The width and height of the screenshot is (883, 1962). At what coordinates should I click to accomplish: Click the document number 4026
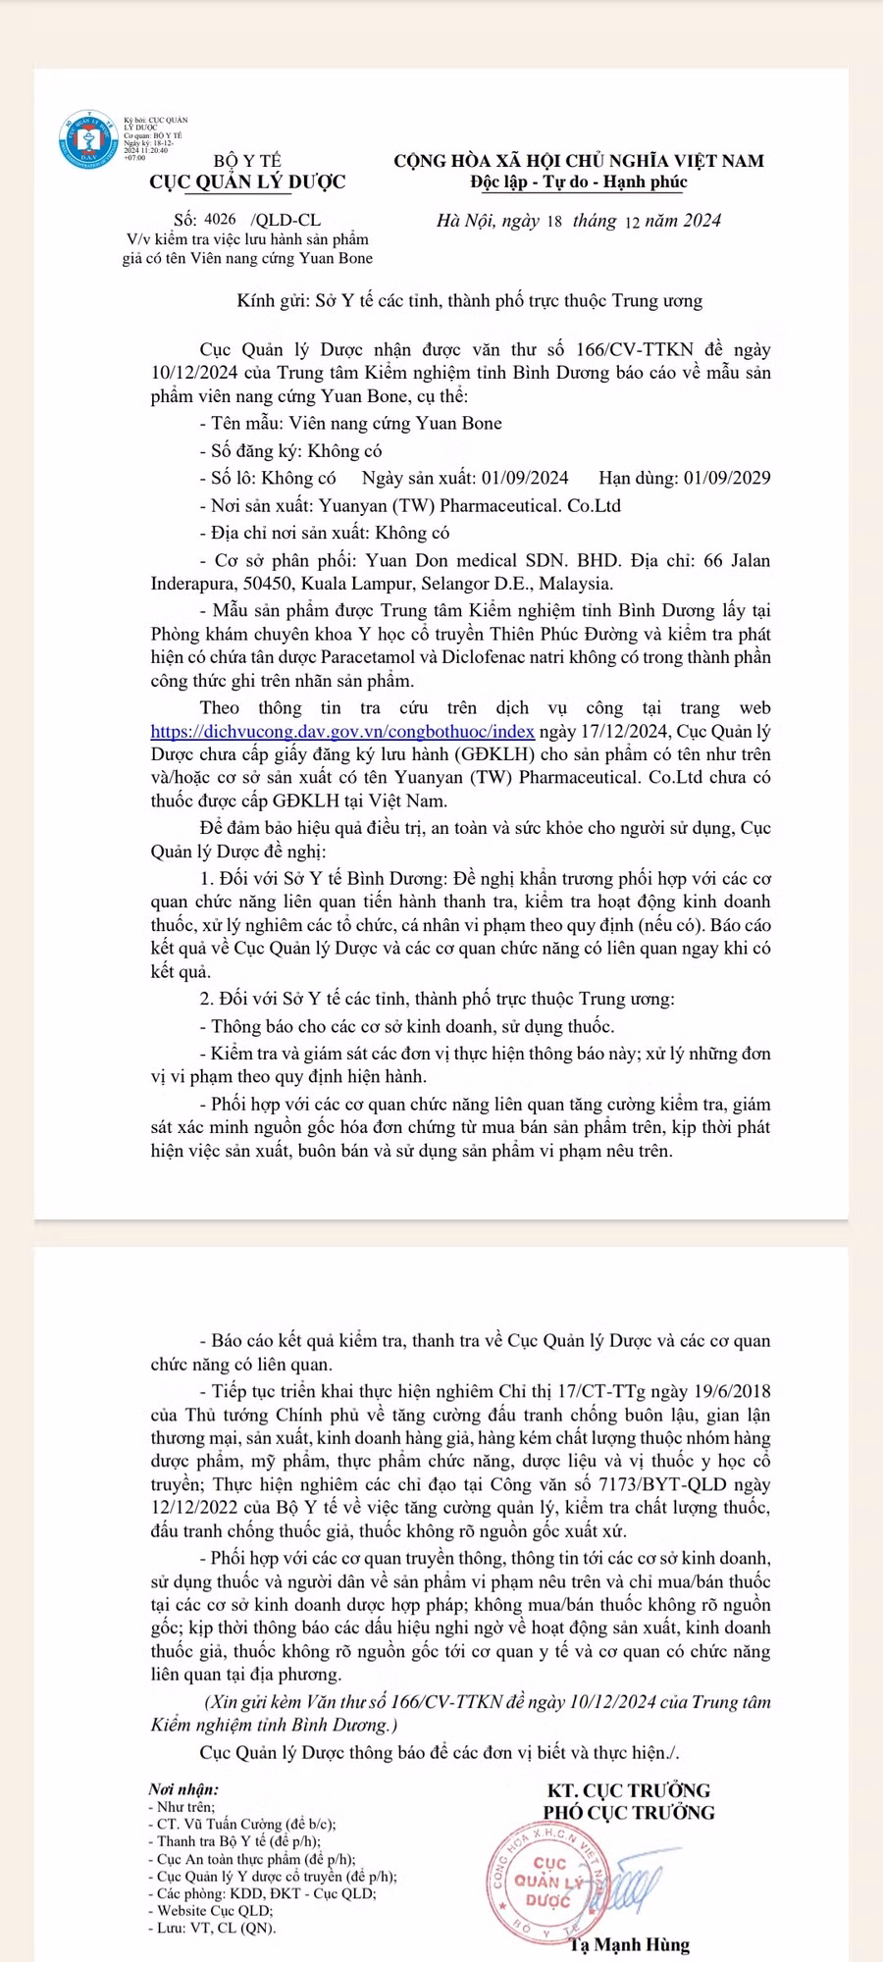[x=220, y=220]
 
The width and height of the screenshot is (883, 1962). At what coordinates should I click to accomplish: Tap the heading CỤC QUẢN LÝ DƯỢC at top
[x=247, y=181]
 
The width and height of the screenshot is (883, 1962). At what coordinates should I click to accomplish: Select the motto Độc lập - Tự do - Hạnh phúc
[x=578, y=181]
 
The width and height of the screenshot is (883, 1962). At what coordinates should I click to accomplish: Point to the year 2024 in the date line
[x=701, y=221]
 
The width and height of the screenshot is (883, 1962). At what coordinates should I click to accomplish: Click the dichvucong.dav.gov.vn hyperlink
[x=342, y=731]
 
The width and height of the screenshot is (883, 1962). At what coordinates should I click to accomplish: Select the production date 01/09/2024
[x=525, y=478]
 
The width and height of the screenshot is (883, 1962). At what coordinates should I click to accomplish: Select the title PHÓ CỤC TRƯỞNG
[x=629, y=1812]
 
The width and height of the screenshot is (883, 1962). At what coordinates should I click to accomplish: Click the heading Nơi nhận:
[x=183, y=1789]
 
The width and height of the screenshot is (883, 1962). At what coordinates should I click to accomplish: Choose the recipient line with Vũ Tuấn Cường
[x=245, y=1824]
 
